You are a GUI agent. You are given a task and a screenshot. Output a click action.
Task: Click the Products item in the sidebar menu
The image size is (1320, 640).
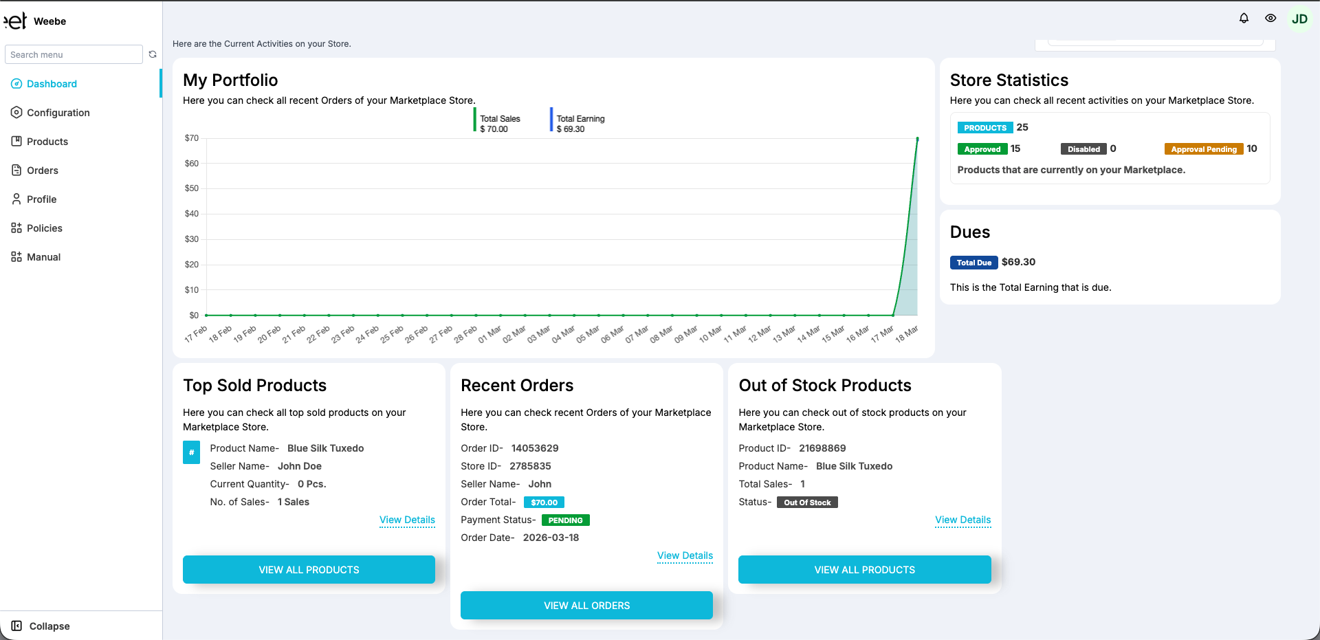coord(47,142)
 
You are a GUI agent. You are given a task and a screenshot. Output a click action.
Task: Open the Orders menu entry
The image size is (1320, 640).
coord(42,170)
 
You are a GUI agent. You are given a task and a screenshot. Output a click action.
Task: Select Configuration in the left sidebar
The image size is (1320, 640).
coord(58,113)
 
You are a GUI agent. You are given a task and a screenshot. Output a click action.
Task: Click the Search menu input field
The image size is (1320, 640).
coord(74,55)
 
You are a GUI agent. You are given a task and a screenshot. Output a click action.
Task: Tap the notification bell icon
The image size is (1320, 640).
coord(1244,19)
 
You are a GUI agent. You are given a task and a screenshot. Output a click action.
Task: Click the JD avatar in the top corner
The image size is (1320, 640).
coord(1299,19)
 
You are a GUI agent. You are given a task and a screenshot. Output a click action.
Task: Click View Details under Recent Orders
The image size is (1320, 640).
coord(685,555)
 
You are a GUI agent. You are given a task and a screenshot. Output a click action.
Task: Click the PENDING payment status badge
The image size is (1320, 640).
coord(565,520)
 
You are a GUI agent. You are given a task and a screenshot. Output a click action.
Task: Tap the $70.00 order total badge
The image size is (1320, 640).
coord(544,503)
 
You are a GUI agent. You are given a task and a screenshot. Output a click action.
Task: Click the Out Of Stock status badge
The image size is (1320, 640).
coord(807,503)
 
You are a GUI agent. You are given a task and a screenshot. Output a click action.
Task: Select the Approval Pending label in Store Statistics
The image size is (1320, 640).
coord(1203,149)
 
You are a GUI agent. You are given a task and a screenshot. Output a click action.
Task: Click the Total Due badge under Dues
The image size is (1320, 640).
coord(973,263)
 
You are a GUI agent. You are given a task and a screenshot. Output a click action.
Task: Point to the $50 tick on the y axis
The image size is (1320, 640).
coord(192,188)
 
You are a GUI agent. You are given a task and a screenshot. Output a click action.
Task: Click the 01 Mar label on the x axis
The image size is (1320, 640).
coord(490,335)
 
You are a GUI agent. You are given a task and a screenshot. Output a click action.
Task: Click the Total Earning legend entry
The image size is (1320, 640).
coord(580,123)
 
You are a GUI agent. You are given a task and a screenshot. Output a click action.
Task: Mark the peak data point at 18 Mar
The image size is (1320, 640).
coord(917,139)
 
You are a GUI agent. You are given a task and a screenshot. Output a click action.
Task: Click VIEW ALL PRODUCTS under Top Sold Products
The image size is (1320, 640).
coord(309,570)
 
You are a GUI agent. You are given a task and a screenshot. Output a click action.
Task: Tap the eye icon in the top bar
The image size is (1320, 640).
coord(1270,19)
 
